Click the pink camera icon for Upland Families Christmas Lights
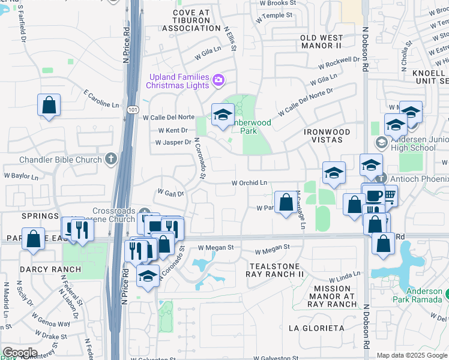(218, 79)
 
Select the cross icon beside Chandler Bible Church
(110, 159)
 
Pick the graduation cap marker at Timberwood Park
(223, 114)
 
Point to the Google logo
(20, 352)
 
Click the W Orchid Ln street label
(249, 182)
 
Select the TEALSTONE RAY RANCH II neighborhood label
(275, 269)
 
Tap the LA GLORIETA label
(316, 328)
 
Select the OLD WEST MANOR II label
(321, 41)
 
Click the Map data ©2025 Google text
(411, 355)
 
